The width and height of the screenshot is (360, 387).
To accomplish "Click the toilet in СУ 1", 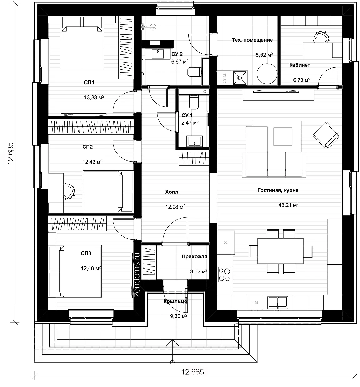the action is (194, 102).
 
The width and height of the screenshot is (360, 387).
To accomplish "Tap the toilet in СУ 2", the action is (194, 72).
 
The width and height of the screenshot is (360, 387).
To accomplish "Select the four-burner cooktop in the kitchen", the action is (225, 275).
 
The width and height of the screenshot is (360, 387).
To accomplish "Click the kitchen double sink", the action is (278, 302).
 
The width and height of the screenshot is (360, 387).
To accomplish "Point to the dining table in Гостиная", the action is (280, 251).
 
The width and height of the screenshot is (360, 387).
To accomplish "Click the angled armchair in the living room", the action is (326, 135).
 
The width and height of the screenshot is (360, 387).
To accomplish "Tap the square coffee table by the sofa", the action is (282, 137).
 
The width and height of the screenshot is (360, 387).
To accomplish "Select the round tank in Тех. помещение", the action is (267, 74).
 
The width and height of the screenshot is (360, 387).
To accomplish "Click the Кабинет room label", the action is (299, 65).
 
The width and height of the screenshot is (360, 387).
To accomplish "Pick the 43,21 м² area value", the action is (288, 205).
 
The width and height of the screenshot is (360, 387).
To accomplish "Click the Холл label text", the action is (171, 192).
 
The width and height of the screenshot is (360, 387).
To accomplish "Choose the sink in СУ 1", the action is (194, 141).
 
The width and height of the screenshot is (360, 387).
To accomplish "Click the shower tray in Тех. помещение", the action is (240, 78).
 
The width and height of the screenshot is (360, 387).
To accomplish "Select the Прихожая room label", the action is (194, 256).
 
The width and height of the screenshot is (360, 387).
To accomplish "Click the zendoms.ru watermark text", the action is (137, 275).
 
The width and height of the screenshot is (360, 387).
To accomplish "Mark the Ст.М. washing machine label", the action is (224, 78).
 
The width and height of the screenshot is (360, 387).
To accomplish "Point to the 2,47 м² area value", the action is (190, 122).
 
